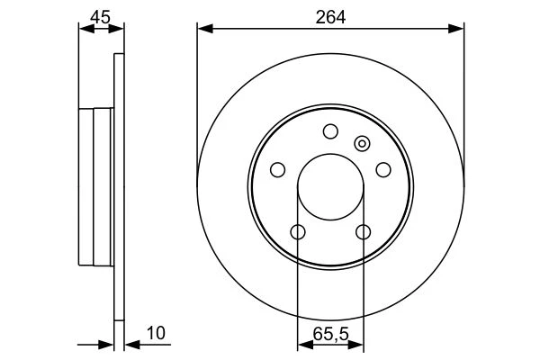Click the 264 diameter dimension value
coord(330,17)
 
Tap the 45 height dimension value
coord(100,17)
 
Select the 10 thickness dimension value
coord(156,333)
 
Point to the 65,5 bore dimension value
coord(331,334)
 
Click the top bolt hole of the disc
coord(330,131)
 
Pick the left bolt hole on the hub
coord(277,170)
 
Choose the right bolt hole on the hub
coord(383,170)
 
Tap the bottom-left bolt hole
coord(298,232)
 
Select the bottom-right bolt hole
coord(364,232)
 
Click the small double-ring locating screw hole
coord(362,144)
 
